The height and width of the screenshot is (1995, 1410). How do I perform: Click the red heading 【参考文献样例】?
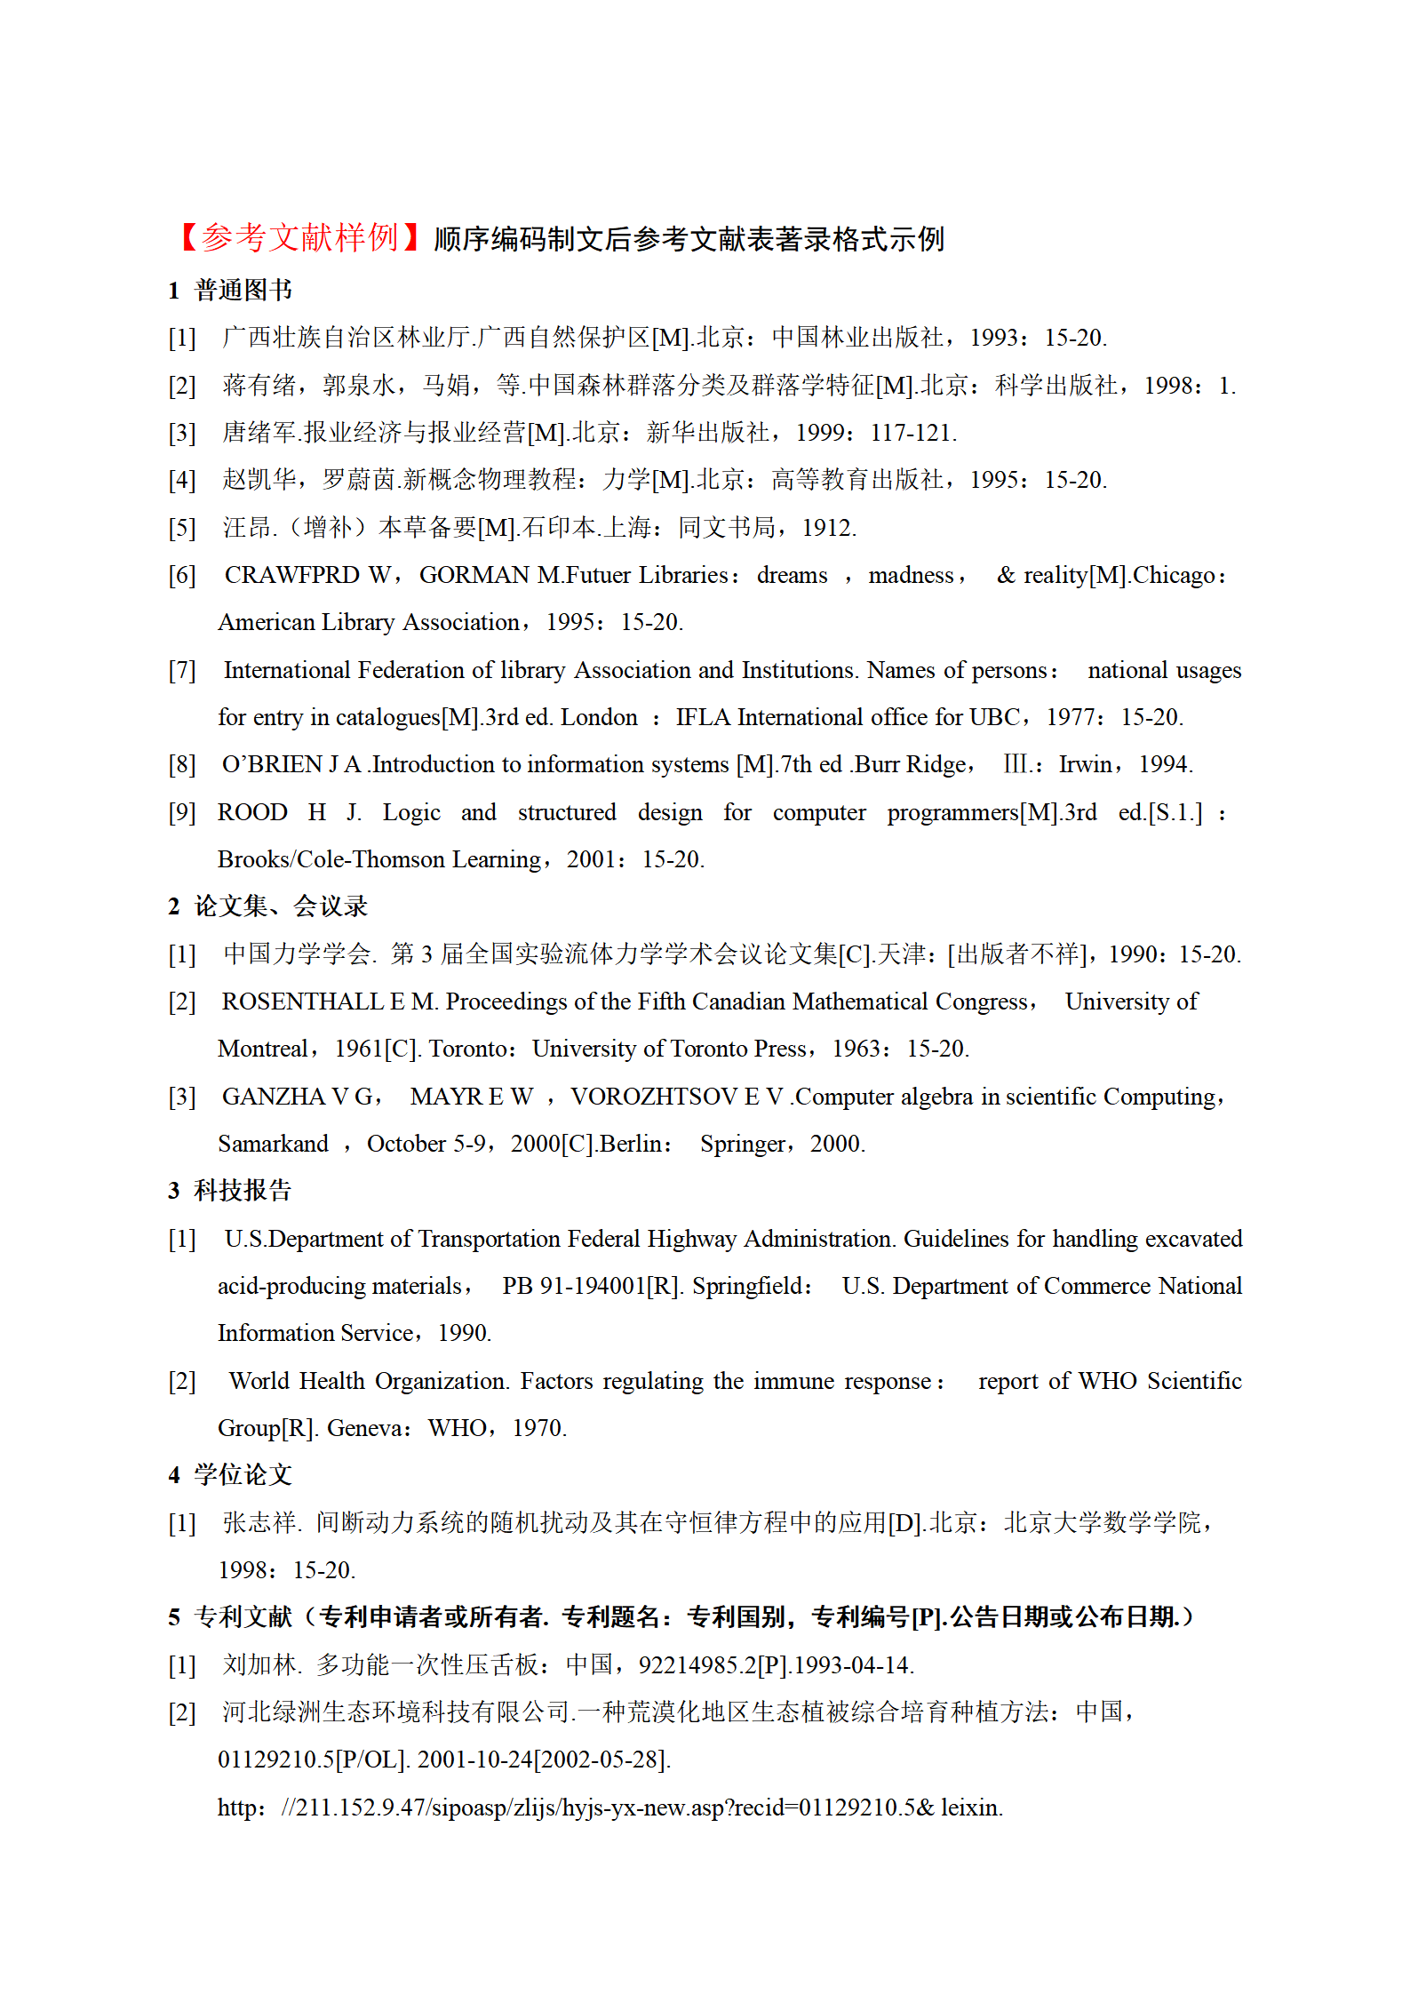coord(299,238)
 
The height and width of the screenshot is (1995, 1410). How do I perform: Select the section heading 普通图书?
coord(243,290)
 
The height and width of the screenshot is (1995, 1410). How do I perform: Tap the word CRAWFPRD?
coord(291,575)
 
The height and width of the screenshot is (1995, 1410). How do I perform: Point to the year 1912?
coord(827,528)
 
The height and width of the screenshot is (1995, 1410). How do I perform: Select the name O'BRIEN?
coord(272,764)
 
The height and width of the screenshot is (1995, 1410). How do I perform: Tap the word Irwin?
coord(1085,764)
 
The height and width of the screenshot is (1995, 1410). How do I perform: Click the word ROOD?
coord(252,812)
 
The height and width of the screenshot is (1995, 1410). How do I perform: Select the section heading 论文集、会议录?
coord(281,906)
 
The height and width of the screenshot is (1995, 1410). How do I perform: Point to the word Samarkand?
coord(273,1144)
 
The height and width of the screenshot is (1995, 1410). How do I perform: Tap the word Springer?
coord(742,1144)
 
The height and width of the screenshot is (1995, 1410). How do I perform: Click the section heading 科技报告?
coord(243,1191)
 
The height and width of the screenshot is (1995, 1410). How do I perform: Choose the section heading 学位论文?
coord(243,1475)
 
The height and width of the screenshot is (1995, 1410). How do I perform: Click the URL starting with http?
coord(609,1807)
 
